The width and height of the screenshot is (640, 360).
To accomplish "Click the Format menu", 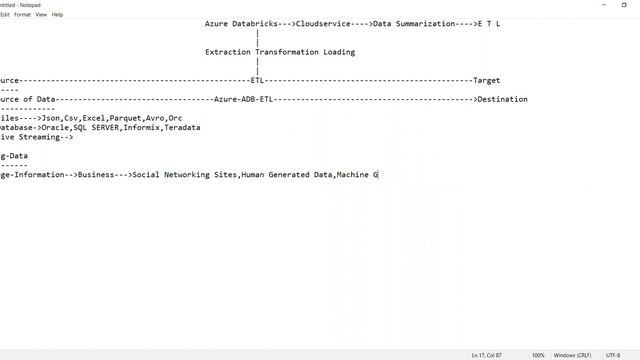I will coord(22,15).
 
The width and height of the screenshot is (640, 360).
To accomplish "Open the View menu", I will coord(41,15).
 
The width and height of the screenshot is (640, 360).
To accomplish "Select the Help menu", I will coord(57,15).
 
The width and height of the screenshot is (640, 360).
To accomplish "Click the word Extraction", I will coord(230,52).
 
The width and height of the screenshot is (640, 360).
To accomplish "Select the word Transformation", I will coord(292,52).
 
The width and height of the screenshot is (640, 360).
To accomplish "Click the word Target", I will coord(486,81).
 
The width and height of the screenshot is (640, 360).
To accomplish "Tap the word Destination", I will coord(502,99).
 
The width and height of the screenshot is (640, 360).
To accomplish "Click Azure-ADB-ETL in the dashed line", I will coord(243,99).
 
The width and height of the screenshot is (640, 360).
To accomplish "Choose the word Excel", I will coord(93,118).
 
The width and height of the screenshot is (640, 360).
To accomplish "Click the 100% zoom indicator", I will coord(538,355).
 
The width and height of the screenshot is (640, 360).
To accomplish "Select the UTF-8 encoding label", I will coord(613,355).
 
